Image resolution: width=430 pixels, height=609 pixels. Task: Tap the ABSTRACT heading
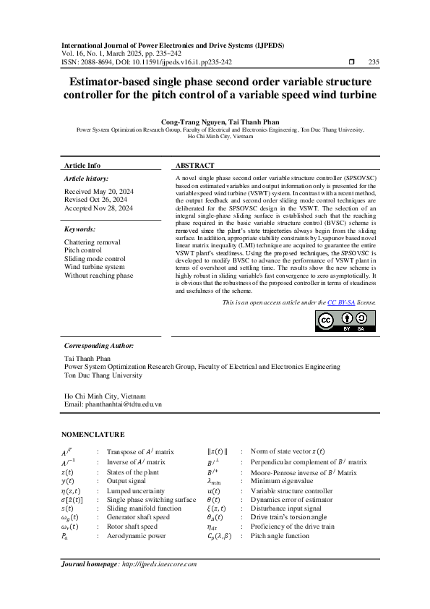pos(196,166)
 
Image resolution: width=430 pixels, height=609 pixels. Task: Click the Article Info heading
pos(82,166)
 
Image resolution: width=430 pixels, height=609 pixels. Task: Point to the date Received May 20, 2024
pos(94,192)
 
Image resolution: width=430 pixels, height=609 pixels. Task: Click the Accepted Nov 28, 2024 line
pos(98,208)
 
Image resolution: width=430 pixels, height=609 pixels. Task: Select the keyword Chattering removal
pos(93,242)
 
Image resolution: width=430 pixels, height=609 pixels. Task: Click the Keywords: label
pos(80,229)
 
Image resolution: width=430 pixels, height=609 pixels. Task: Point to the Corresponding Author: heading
pos(99,346)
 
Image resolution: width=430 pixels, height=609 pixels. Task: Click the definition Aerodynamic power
pos(137,537)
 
